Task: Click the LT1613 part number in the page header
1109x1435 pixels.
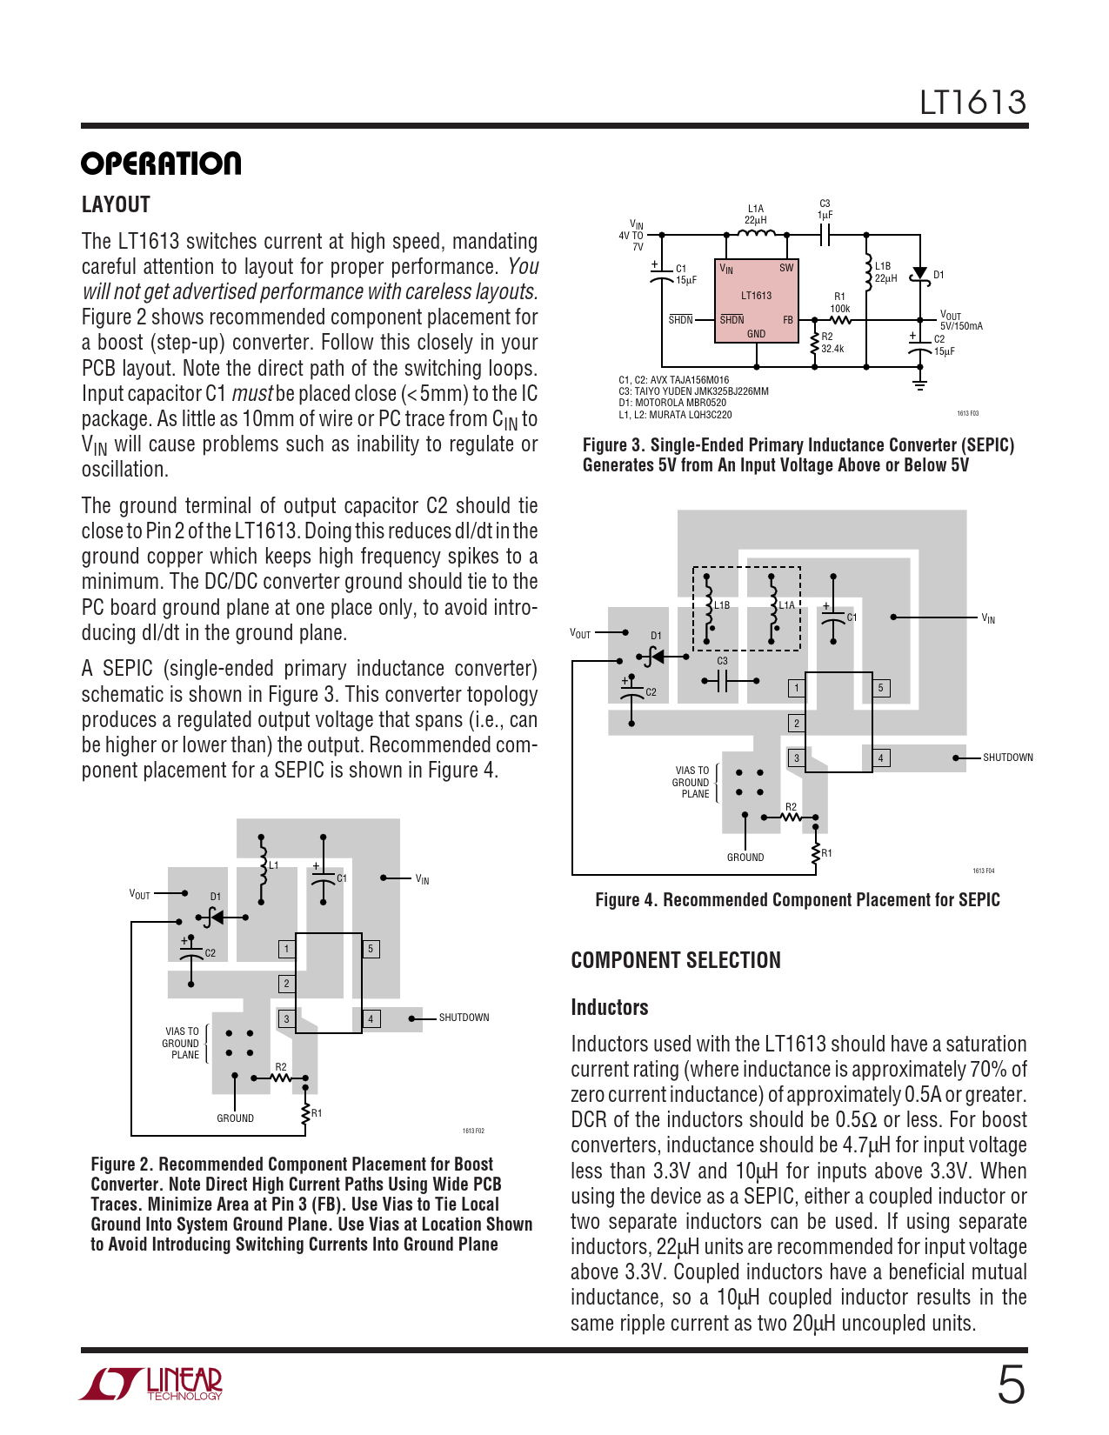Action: click(972, 103)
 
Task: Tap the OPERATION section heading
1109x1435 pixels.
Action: click(161, 164)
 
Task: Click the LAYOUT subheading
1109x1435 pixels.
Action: click(116, 205)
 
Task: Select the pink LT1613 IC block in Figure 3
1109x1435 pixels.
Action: click(756, 300)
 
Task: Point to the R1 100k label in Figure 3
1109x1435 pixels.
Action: click(839, 303)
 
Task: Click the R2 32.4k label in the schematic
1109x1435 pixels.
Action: click(832, 343)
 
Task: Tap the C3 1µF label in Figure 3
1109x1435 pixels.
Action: click(825, 210)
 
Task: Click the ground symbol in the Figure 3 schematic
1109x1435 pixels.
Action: click(919, 384)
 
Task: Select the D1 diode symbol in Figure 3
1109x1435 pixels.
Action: click(919, 275)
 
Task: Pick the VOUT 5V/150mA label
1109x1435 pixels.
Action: click(960, 321)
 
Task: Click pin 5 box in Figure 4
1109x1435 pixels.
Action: click(880, 688)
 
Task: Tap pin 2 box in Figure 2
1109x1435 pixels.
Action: click(286, 984)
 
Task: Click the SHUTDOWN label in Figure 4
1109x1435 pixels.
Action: click(1007, 758)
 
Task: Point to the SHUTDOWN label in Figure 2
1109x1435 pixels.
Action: click(464, 1018)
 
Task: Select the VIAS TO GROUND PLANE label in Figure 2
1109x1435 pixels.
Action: click(182, 1043)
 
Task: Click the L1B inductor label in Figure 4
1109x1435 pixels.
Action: click(722, 605)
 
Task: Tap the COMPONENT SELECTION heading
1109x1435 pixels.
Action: click(676, 960)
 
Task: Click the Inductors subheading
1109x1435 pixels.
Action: click(609, 1007)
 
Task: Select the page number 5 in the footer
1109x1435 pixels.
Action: click(1011, 1385)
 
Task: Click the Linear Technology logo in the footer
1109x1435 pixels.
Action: click(152, 1384)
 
